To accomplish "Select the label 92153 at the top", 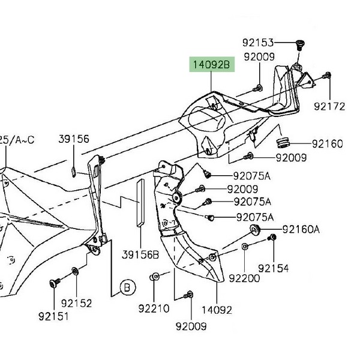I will tap(258, 43).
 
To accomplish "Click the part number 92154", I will tap(272, 268).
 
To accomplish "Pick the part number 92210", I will tap(154, 309).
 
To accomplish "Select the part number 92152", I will tap(76, 304).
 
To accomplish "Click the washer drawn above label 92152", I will tap(75, 271).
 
